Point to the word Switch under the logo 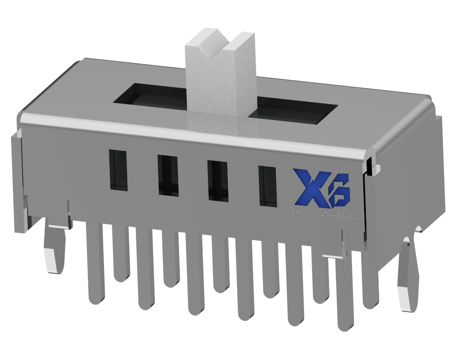(x=301, y=212)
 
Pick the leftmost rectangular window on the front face (x=118, y=170)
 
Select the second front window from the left (x=168, y=175)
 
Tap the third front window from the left (x=218, y=180)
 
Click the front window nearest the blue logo (x=268, y=186)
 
